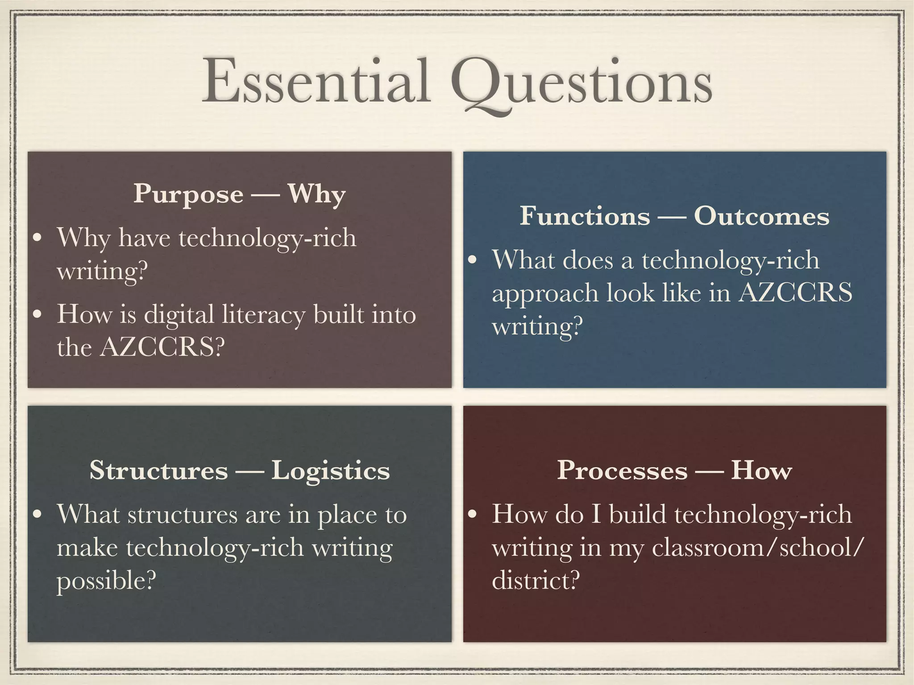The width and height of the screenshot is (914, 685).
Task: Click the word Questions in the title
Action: point(582,85)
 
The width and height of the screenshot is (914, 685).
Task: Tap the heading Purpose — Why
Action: point(240,194)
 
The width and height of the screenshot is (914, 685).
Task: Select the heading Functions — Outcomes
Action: point(674,216)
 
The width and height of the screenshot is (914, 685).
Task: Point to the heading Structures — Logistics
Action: point(240,470)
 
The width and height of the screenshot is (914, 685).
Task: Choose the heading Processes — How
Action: point(674,470)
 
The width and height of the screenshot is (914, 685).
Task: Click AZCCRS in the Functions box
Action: point(795,293)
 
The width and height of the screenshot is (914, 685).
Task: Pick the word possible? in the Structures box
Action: point(106,581)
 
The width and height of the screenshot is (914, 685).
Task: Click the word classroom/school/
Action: point(758,547)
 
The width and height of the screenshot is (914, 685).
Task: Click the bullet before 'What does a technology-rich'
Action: point(473,260)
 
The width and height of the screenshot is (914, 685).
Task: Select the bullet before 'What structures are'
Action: point(38,515)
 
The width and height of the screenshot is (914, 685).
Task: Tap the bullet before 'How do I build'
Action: point(473,515)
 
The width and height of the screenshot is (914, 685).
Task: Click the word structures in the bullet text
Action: point(183,515)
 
